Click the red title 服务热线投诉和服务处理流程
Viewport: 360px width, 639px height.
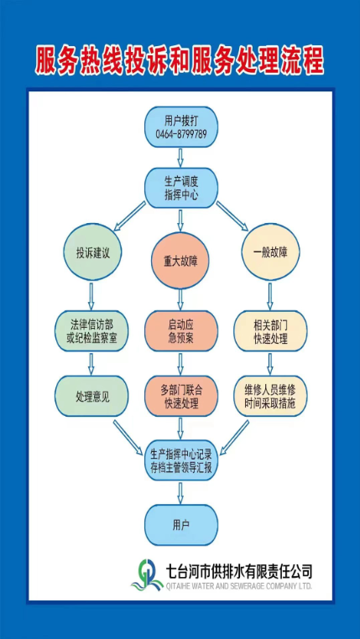pyautogui.click(x=180, y=60)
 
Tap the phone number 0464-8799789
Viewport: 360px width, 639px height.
pyautogui.click(x=181, y=133)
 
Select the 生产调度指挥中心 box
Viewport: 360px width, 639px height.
pyautogui.click(x=181, y=188)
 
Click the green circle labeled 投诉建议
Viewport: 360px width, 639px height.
pyautogui.click(x=92, y=252)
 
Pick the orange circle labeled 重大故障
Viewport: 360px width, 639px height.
pyautogui.click(x=180, y=261)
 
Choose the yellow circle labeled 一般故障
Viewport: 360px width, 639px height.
pyautogui.click(x=270, y=252)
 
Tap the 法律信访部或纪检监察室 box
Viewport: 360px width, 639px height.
pyautogui.click(x=91, y=330)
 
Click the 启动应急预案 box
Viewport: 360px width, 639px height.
pyautogui.click(x=181, y=330)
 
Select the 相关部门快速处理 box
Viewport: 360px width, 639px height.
pyautogui.click(x=270, y=330)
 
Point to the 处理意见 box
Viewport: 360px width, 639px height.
pyautogui.click(x=91, y=396)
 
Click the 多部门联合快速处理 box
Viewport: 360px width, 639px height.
pyautogui.click(x=181, y=396)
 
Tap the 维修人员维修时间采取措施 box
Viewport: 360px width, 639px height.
pyautogui.click(x=270, y=396)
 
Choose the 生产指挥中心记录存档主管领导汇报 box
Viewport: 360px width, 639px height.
pyautogui.click(x=181, y=461)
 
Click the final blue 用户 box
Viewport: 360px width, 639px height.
pyautogui.click(x=181, y=525)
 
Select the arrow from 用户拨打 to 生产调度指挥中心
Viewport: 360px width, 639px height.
pyautogui.click(x=181, y=157)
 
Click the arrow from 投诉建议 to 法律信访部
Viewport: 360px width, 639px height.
pyautogui.click(x=91, y=295)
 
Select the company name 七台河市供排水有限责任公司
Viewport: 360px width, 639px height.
pyautogui.click(x=238, y=571)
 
